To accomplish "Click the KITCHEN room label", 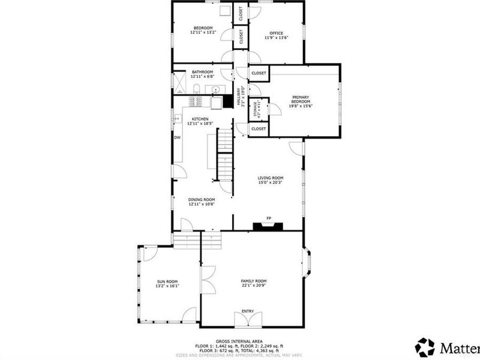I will click(200, 119).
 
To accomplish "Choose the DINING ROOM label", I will click(202, 199).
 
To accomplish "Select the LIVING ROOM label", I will click(271, 178).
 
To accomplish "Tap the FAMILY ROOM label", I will click(254, 281).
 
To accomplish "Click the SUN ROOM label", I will click(168, 281).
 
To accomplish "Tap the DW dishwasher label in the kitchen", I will click(178, 137).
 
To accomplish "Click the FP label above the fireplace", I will click(269, 218).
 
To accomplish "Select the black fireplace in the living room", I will click(268, 226).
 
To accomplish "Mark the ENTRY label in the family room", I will click(248, 311).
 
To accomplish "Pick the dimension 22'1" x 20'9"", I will click(254, 286).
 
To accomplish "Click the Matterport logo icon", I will click(425, 347).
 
